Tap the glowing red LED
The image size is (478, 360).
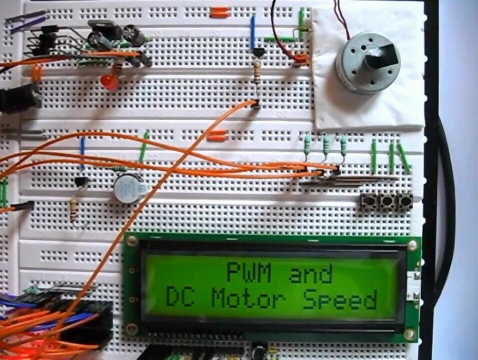(x=109, y=82)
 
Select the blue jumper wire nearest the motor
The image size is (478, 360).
(x=253, y=31)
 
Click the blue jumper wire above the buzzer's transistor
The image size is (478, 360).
(x=82, y=153)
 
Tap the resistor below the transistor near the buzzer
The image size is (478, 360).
(x=74, y=207)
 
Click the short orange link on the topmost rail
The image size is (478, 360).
(x=219, y=13)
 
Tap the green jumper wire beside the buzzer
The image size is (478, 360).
(x=144, y=146)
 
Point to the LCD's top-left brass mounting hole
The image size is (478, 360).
(x=132, y=241)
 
